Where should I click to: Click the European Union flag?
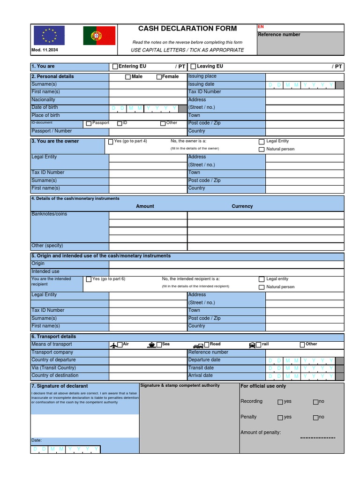[x=49, y=36]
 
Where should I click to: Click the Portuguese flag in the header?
[x=99, y=36]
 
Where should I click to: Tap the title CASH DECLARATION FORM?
[x=187, y=29]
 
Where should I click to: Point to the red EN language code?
[x=261, y=27]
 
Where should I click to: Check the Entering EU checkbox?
[x=115, y=67]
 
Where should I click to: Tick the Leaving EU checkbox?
[x=193, y=67]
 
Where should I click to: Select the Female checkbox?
[x=159, y=77]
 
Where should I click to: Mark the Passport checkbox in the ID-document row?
[x=89, y=124]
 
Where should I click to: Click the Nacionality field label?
[x=43, y=100]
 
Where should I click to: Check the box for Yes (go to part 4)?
[x=111, y=142]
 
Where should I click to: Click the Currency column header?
[x=242, y=206]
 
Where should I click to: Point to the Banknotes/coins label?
[x=49, y=214]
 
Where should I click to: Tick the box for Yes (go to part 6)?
[x=89, y=279]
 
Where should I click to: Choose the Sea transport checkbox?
[x=159, y=345]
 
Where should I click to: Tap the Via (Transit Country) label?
[x=53, y=368]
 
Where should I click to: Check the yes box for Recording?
[x=280, y=402]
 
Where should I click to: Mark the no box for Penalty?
[x=316, y=418]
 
